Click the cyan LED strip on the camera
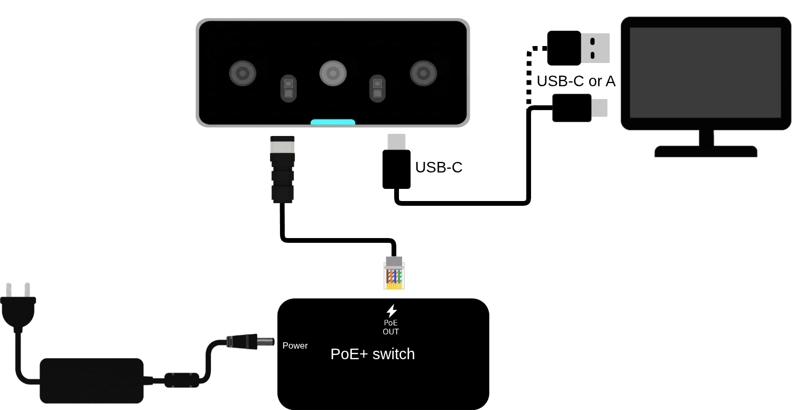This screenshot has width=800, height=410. pos(332,122)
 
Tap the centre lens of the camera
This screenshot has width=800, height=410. pos(333,74)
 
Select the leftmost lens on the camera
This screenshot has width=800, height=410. pos(243,74)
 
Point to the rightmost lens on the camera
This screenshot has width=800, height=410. pos(423,74)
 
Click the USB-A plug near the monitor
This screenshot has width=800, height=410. pos(578,48)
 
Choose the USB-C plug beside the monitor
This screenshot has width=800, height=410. pos(580,108)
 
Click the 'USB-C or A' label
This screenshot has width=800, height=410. pos(576,81)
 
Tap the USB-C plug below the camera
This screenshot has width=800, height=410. pos(396,161)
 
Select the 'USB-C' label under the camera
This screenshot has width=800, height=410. pos(439,167)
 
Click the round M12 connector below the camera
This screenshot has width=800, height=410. pos(283,169)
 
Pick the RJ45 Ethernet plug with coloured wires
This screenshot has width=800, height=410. pos(394,273)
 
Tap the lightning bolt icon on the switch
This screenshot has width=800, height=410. pos(392,311)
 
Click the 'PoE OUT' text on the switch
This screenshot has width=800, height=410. pos(390,327)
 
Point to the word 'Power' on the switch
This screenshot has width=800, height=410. pos(295,345)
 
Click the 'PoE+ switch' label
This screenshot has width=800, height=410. pos(373,354)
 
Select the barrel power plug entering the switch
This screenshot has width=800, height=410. pos(250,342)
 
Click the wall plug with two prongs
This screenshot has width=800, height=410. pos(18,307)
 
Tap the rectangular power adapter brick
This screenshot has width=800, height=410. pos(91,381)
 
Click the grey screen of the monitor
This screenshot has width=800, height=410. pos(705,72)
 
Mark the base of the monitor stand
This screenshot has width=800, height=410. pos(706,151)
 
